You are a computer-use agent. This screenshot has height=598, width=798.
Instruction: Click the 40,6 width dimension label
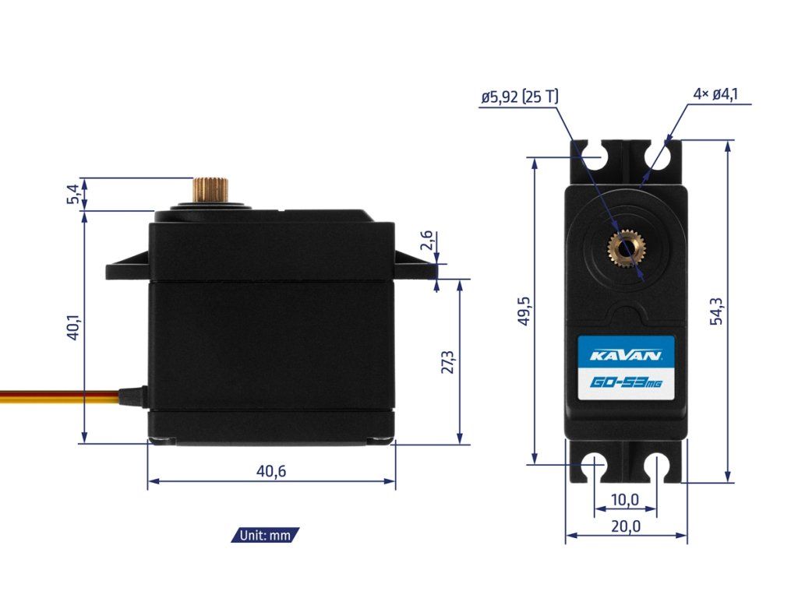click(x=271, y=471)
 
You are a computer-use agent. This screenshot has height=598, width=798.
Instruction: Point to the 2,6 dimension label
click(x=426, y=242)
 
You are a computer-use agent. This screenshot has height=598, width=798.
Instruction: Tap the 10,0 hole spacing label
click(x=625, y=499)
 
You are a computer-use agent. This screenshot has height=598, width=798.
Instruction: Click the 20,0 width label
click(x=625, y=526)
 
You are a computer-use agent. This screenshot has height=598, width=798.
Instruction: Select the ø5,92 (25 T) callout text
click(x=519, y=97)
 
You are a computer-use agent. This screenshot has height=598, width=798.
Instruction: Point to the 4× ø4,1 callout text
click(x=715, y=94)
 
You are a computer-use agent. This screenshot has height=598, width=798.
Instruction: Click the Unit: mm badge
click(x=265, y=535)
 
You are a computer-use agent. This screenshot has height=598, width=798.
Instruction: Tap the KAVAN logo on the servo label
click(x=626, y=356)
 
